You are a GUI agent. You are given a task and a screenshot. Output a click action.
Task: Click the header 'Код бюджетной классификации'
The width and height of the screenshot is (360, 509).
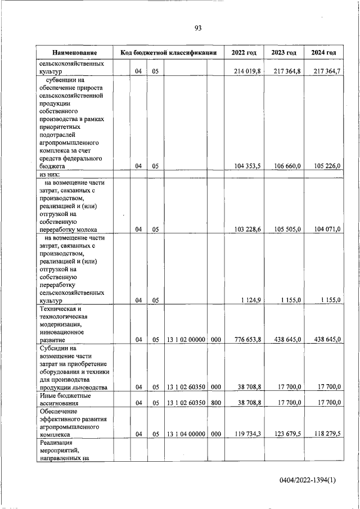[169, 53]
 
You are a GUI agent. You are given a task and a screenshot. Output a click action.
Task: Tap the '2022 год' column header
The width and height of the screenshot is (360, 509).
[244, 53]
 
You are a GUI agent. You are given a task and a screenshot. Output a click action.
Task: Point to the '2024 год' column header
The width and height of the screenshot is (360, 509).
[323, 53]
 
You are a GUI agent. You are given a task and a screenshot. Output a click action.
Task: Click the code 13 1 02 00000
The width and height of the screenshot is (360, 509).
[186, 340]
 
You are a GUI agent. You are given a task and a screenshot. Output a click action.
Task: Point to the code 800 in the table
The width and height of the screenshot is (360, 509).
[215, 403]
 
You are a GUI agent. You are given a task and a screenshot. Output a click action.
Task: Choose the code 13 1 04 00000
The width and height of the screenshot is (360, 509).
[186, 434]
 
